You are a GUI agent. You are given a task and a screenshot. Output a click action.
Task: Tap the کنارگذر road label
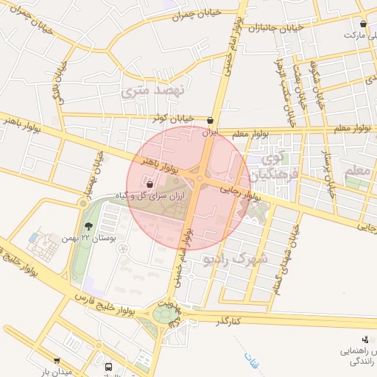point(229,322)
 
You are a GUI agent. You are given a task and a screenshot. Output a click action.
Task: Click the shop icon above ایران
point(211,120)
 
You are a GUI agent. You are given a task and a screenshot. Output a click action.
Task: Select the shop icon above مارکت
point(364,24)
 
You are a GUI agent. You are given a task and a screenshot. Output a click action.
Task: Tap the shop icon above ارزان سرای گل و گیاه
point(150,184)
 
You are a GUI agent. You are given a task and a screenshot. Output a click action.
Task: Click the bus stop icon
point(109,366)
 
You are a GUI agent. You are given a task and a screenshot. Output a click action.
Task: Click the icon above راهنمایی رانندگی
point(366,339)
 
